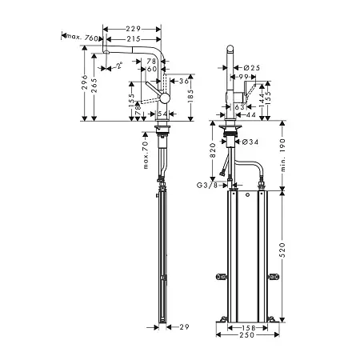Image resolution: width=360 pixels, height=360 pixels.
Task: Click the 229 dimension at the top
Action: pos(134,29)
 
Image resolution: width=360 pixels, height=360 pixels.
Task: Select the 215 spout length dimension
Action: pos(134,39)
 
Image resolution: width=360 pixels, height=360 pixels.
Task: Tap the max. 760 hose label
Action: pos(82,38)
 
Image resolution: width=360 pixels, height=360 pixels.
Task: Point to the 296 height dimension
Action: pos(85,82)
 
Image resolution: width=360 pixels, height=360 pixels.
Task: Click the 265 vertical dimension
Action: pos(94,86)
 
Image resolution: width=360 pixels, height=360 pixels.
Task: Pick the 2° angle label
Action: pos(119,65)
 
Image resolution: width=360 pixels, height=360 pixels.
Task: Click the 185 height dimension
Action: pos(190,96)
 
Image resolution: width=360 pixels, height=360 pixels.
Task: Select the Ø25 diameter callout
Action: pos(251,68)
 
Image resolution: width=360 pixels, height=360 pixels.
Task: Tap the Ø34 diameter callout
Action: pos(250,142)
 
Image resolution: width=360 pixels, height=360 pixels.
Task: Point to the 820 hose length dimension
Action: pos(213,150)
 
